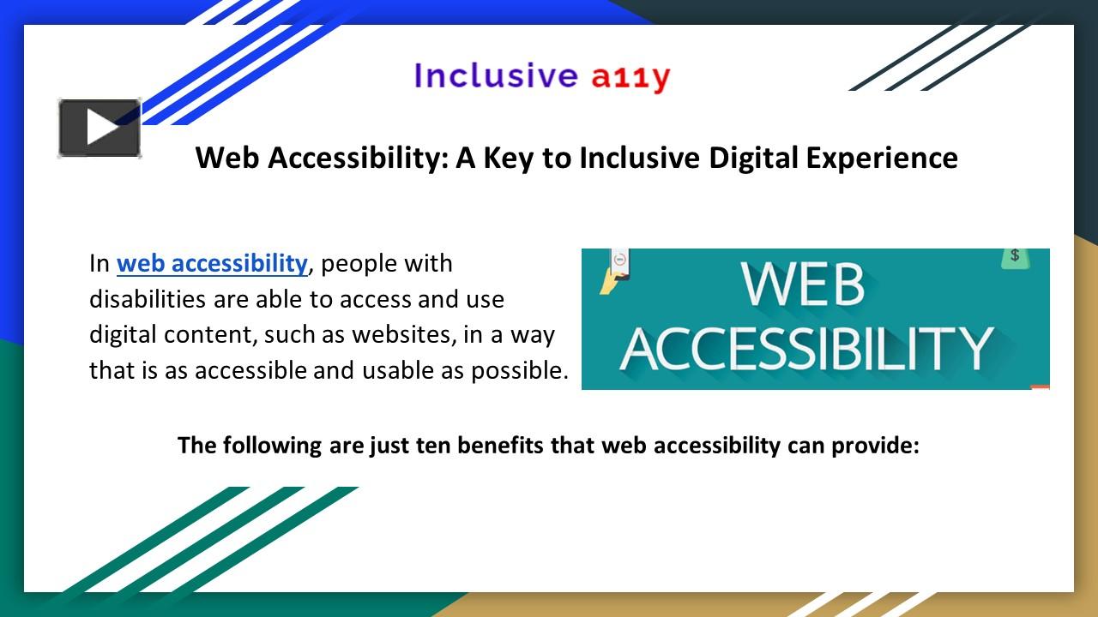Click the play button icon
click(100, 129)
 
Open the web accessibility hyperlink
click(212, 264)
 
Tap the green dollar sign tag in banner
click(1015, 257)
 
